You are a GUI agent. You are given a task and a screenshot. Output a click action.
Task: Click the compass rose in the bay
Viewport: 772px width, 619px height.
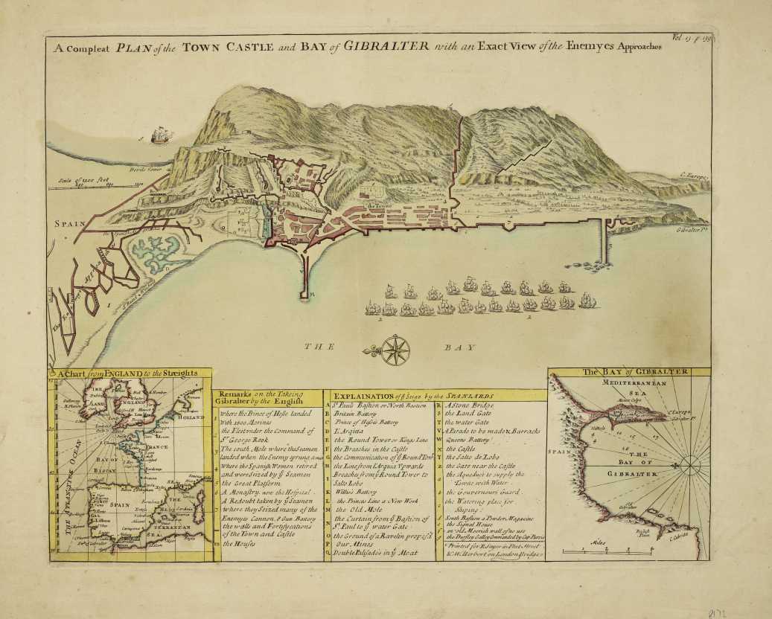[x=396, y=348]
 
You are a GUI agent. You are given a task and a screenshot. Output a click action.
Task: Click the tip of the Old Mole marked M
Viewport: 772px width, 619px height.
[x=306, y=295]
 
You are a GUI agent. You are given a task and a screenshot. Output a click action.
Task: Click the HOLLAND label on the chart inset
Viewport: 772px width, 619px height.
[x=193, y=417]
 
